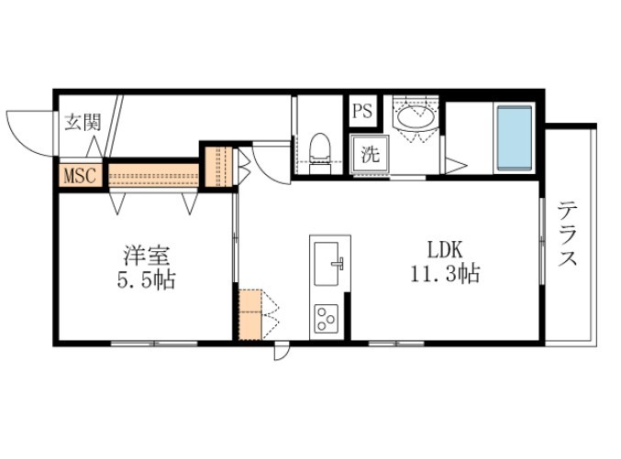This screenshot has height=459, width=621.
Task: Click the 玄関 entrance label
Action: [x=83, y=122]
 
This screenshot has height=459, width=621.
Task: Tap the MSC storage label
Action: [x=80, y=175]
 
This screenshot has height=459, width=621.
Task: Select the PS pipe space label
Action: [x=362, y=111]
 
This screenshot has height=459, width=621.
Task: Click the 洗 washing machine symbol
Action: [x=370, y=154]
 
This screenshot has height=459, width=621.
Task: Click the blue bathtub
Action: [x=515, y=139]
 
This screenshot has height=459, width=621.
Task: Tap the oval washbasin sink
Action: [x=416, y=116]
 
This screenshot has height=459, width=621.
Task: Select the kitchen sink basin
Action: [x=327, y=264]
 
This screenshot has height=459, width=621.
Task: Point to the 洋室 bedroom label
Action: [x=147, y=256]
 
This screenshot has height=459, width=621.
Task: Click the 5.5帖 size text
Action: [x=146, y=279]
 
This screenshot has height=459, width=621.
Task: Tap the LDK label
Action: [x=445, y=250]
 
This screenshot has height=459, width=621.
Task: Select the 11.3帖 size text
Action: [x=445, y=273]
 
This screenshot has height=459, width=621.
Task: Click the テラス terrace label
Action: [x=567, y=234]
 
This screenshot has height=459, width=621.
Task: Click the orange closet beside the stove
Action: [x=250, y=314]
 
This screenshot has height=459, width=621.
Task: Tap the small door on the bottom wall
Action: [x=282, y=351]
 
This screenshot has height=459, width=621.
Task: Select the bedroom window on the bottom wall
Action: [x=154, y=344]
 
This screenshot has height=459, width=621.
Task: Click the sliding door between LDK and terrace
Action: [x=542, y=240]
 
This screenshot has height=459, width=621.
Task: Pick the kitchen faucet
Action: [x=338, y=263]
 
